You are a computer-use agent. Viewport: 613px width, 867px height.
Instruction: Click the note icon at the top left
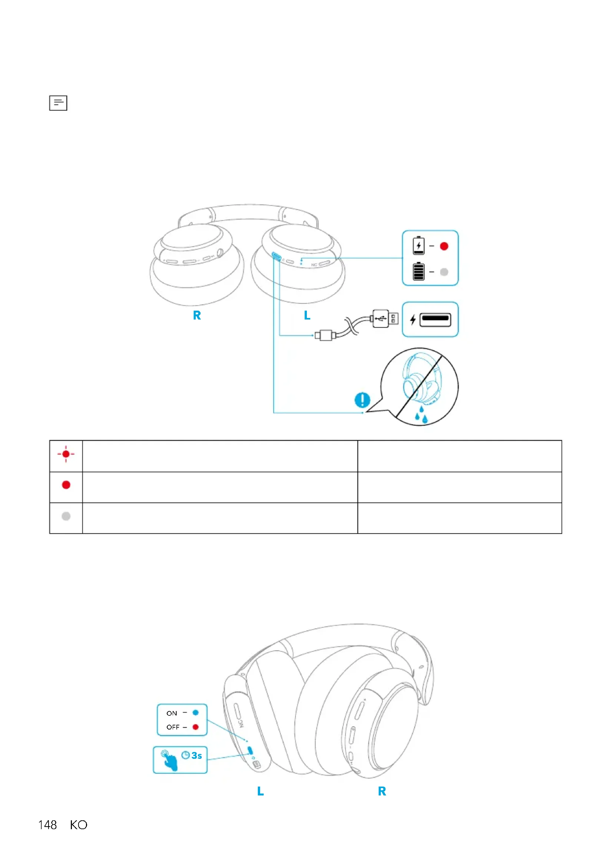pos(58,103)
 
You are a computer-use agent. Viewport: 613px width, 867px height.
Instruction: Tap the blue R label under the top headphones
pos(197,315)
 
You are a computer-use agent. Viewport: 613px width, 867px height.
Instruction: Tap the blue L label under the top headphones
pos(307,315)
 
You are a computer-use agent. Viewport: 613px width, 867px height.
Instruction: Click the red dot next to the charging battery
pos(444,246)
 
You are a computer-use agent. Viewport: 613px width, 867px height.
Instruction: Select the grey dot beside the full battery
pos(444,272)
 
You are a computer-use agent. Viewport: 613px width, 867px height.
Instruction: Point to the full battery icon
pos(418,271)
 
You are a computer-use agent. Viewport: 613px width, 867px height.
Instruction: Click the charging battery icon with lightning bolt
pos(418,246)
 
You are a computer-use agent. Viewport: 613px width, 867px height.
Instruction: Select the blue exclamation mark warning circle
pos(362,400)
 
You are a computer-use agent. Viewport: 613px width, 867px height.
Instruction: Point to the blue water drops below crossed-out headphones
pos(421,415)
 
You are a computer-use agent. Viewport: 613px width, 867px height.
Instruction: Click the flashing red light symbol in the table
pos(66,454)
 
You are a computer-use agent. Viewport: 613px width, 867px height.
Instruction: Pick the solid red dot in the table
pos(66,485)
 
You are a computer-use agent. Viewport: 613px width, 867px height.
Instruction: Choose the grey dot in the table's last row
pos(66,516)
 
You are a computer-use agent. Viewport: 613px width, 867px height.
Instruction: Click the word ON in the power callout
pos(172,713)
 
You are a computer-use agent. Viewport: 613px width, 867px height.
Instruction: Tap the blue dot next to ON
pos(196,712)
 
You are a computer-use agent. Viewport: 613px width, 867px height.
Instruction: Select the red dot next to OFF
pos(196,727)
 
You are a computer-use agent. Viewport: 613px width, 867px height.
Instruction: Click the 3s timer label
pos(192,755)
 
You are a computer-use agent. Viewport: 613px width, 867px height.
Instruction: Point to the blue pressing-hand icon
pos(169,760)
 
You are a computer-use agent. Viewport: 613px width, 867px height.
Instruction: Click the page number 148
pos(47,825)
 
